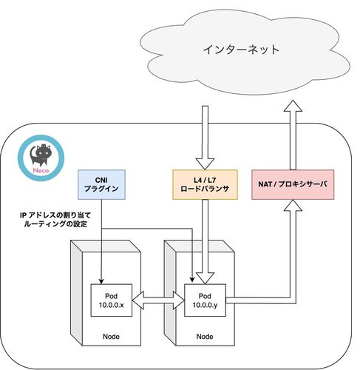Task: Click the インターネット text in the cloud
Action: (x=241, y=50)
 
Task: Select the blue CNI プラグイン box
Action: (x=101, y=184)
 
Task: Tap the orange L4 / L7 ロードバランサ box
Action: (x=205, y=184)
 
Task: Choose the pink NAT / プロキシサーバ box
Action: (x=293, y=184)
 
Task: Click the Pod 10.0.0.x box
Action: (x=112, y=300)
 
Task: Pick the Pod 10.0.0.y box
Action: (x=205, y=300)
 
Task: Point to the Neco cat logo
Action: (x=41, y=158)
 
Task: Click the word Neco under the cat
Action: (x=41, y=170)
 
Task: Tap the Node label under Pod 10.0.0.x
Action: (x=111, y=337)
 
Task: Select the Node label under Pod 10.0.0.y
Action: (x=205, y=337)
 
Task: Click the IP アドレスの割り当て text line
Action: (x=55, y=215)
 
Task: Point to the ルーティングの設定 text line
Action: (x=55, y=224)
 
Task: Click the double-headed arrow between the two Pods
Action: (x=158, y=300)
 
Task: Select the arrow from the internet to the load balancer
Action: (x=205, y=138)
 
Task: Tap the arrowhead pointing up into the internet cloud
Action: (x=293, y=106)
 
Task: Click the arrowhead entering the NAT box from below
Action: (x=293, y=205)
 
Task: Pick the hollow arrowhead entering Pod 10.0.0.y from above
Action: (x=205, y=278)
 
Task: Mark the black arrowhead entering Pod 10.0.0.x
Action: (x=101, y=282)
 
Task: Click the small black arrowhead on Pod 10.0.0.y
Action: (x=192, y=280)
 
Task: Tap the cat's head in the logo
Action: (x=44, y=152)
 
